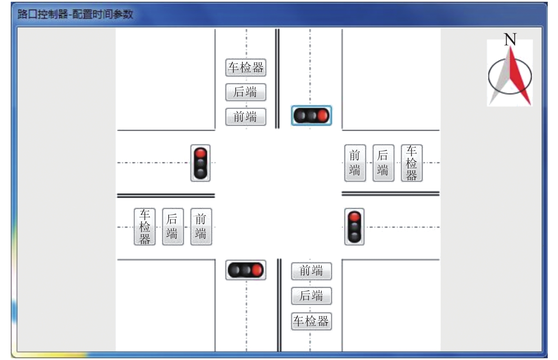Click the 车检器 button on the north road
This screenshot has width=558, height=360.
coord(246,68)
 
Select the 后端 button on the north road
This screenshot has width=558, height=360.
coord(246,92)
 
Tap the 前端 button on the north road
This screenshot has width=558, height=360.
coord(246,117)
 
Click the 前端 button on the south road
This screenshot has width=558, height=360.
coord(311,271)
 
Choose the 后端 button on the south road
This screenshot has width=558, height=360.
coord(311,296)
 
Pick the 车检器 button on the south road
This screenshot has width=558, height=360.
coord(311,321)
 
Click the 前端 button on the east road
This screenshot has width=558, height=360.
coord(355,163)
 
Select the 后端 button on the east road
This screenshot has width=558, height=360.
coord(383,163)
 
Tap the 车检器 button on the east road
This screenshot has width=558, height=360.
coord(412,163)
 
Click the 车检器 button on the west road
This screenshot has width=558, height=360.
coord(145,227)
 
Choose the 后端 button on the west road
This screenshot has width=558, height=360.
coord(173,227)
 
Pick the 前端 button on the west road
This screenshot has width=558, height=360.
coord(201,227)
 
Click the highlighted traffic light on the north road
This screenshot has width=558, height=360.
coord(311,116)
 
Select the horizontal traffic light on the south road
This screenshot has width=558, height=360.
coord(246,270)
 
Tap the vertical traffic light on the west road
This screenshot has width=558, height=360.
coord(201,163)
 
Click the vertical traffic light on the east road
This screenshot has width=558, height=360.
coord(354,227)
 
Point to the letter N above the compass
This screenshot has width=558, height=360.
coord(510,39)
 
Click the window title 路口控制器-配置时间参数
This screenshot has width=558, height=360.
coord(75,14)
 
